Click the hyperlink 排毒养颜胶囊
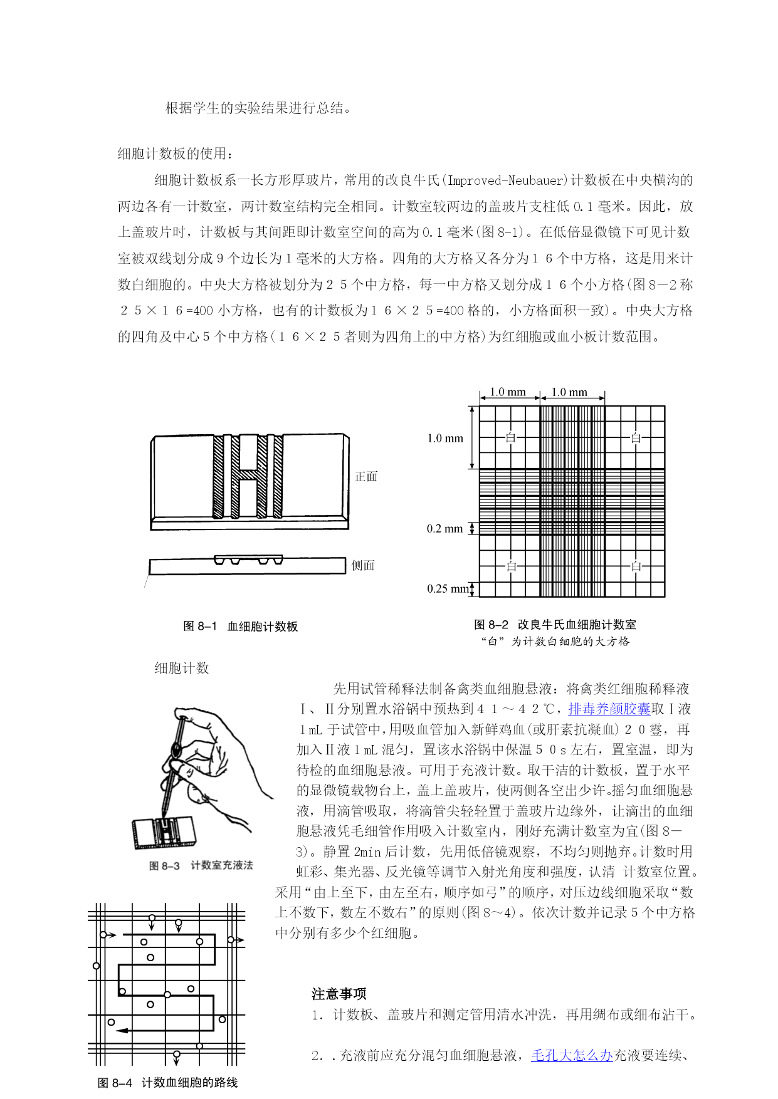click(609, 709)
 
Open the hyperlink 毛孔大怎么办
click(571, 1055)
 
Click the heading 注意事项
click(339, 994)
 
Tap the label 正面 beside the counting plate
click(366, 476)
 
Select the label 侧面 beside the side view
click(363, 565)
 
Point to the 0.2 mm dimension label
click(444, 529)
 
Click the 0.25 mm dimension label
click(448, 588)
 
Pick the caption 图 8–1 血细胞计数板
click(240, 626)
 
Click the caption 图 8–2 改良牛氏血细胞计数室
click(555, 624)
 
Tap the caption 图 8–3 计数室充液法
click(201, 865)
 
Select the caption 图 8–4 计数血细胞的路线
click(168, 1083)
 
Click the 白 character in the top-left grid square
click(510, 437)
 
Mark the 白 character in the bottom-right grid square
click(636, 566)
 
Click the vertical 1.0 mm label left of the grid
click(444, 438)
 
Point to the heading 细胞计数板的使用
click(176, 154)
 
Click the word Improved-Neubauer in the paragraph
click(506, 180)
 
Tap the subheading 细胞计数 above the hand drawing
click(182, 668)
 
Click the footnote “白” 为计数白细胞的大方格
click(555, 641)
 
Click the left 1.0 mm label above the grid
click(508, 392)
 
